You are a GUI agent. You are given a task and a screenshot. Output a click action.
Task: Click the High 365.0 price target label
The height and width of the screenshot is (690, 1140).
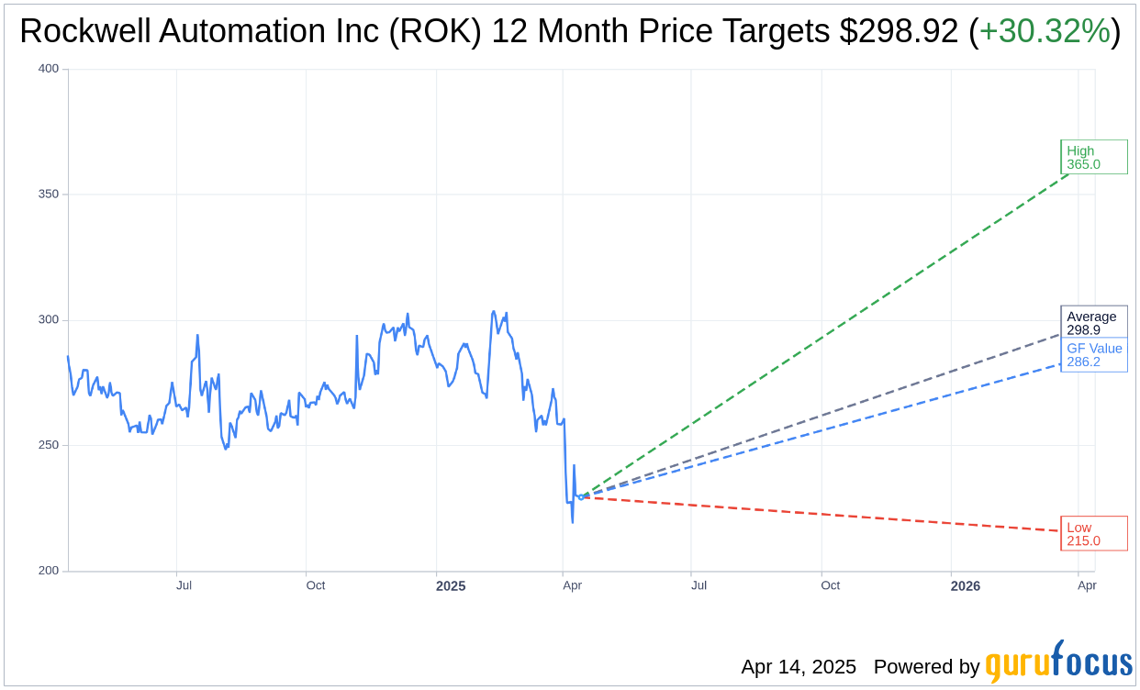click(1093, 157)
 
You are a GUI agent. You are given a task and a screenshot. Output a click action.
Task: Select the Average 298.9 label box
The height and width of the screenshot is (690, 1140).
click(1093, 322)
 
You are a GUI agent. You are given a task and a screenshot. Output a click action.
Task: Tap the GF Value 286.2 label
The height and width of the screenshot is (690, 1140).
click(1093, 355)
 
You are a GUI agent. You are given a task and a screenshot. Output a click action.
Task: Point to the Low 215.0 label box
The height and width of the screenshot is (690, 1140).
click(1093, 534)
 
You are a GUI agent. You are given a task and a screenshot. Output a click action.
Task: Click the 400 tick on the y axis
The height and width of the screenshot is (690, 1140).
click(49, 69)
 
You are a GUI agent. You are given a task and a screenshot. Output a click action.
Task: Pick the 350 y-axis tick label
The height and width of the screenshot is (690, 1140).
click(49, 195)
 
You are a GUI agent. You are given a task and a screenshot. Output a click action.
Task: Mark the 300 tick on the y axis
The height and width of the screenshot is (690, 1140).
click(49, 320)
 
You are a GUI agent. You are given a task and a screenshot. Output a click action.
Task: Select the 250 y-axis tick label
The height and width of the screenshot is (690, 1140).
click(49, 445)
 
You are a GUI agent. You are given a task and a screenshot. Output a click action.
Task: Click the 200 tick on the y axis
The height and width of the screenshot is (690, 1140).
click(49, 571)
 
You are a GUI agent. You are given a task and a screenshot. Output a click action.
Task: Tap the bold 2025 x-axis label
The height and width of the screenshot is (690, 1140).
click(451, 585)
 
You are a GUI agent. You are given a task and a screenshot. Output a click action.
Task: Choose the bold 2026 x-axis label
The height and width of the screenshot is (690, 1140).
click(966, 585)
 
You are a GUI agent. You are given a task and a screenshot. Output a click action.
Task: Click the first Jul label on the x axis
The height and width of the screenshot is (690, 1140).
click(184, 585)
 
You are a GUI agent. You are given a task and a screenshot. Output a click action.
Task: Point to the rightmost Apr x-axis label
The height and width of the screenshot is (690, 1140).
click(1087, 585)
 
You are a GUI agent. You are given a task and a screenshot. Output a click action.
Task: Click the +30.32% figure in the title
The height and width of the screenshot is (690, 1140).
click(1045, 31)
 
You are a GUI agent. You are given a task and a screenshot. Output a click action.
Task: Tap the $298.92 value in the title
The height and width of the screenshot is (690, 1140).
click(900, 31)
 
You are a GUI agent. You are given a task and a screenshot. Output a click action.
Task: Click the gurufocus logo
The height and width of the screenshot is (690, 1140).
click(1058, 663)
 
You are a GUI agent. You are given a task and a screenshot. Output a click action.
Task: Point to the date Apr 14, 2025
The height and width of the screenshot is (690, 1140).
click(799, 667)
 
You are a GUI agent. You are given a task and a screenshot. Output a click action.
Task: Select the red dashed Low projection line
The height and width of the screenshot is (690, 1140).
click(826, 515)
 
